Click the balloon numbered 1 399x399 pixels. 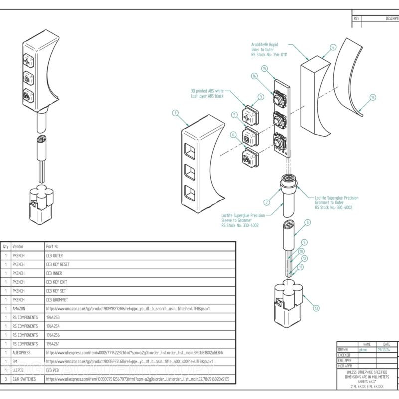click(175, 113)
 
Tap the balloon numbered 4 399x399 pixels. click(333, 48)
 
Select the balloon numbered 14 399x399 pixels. click(373, 97)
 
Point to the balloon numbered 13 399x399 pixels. click(316, 308)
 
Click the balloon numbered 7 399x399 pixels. click(267, 202)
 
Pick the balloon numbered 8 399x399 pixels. click(308, 222)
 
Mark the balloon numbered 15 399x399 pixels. click(264, 68)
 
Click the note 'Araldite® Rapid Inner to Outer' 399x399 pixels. click(269, 49)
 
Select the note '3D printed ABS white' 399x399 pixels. click(207, 93)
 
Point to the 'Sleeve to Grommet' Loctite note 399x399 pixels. click(243, 220)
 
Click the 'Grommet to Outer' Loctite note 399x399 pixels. click(336, 202)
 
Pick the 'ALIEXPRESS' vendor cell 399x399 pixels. click(22, 353)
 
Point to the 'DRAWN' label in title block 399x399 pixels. click(343, 350)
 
